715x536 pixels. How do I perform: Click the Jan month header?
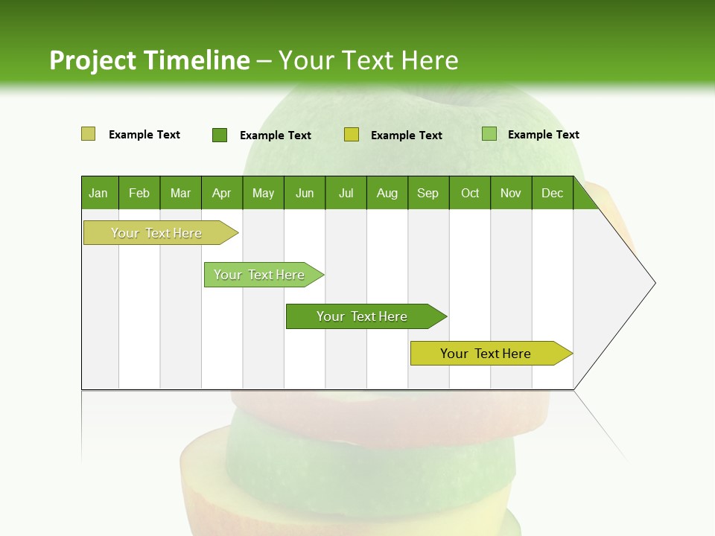pyautogui.click(x=99, y=193)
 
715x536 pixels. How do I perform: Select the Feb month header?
pyautogui.click(x=139, y=193)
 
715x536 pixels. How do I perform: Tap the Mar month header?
pyautogui.click(x=180, y=193)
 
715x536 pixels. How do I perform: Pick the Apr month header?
pyautogui.click(x=222, y=193)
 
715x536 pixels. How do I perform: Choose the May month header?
pyautogui.click(x=263, y=193)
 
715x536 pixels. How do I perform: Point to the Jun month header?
pyautogui.click(x=305, y=193)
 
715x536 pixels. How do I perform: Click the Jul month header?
pyautogui.click(x=346, y=193)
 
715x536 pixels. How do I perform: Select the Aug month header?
pyautogui.click(x=387, y=193)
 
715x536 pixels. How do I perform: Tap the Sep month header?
pyautogui.click(x=428, y=193)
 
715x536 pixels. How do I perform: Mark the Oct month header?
pyautogui.click(x=470, y=193)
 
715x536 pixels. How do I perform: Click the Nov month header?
pyautogui.click(x=511, y=193)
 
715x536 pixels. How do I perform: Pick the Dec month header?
pyautogui.click(x=553, y=193)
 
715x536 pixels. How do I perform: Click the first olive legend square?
pyautogui.click(x=89, y=134)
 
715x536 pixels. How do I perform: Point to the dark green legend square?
pyautogui.click(x=220, y=135)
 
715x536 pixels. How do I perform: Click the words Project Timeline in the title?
pyautogui.click(x=150, y=60)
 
